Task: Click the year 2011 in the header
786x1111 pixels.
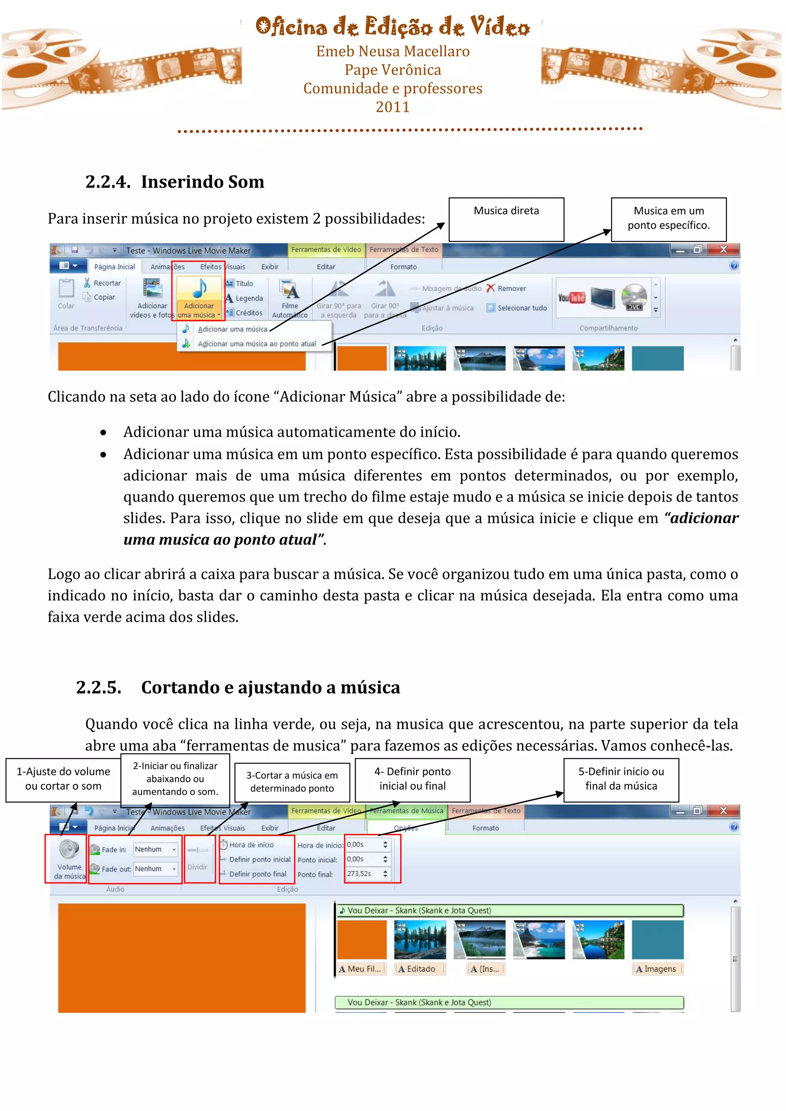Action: (x=393, y=107)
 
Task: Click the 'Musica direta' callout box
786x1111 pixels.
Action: (x=506, y=219)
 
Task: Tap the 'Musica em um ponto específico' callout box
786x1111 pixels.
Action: (x=669, y=219)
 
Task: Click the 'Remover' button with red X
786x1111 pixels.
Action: (x=506, y=288)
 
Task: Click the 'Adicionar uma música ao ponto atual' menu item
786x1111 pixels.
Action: (x=256, y=344)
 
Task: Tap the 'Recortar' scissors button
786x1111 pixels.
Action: (x=102, y=283)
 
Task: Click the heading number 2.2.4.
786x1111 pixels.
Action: (x=107, y=182)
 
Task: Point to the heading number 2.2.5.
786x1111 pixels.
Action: (x=99, y=687)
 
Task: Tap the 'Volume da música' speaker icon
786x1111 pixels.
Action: (x=69, y=850)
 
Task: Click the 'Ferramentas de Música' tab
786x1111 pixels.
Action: (x=406, y=811)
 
